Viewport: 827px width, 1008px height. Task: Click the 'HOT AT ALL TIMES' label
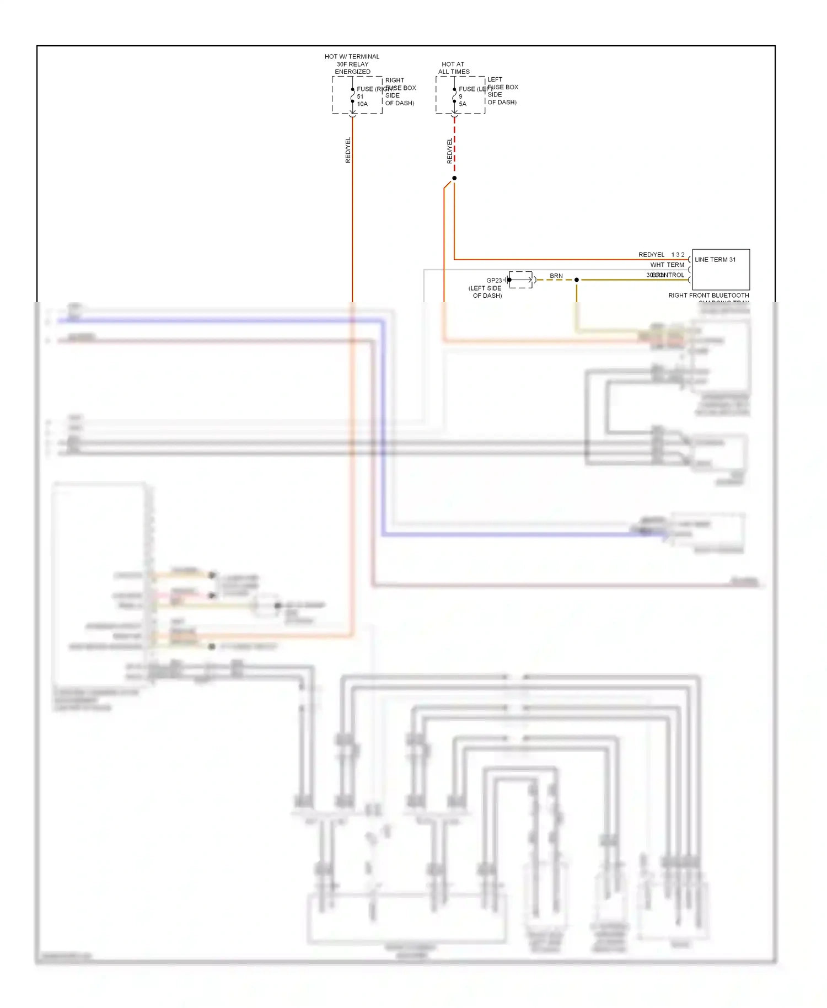[x=453, y=68]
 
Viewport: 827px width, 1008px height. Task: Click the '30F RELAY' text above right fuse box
[x=352, y=64]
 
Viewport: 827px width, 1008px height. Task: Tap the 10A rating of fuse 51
[x=362, y=104]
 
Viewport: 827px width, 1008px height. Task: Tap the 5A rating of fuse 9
[x=463, y=104]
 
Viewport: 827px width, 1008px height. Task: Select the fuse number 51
[x=360, y=96]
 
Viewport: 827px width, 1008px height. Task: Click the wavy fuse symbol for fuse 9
[x=454, y=96]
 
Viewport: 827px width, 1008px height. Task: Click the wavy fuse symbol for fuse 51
[x=352, y=96]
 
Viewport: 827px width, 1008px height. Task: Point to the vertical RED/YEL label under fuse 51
[x=348, y=150]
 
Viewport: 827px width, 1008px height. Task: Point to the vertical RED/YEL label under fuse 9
[x=449, y=151]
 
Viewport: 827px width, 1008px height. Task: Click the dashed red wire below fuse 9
[x=454, y=146]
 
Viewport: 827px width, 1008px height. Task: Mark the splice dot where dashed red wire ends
[x=454, y=178]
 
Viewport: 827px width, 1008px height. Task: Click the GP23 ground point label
[x=493, y=280]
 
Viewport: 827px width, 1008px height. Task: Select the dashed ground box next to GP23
[x=521, y=280]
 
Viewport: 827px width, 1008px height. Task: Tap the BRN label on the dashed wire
[x=556, y=276]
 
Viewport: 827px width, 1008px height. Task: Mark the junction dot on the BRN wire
[x=577, y=280]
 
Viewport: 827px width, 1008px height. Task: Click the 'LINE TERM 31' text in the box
[x=715, y=260]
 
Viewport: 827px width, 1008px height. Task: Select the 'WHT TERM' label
[x=667, y=265]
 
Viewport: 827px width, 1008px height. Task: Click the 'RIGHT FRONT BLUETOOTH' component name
[x=708, y=296]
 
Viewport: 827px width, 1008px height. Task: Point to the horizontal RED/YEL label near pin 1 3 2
[x=651, y=255]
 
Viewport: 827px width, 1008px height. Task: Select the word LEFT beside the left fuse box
[x=495, y=79]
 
